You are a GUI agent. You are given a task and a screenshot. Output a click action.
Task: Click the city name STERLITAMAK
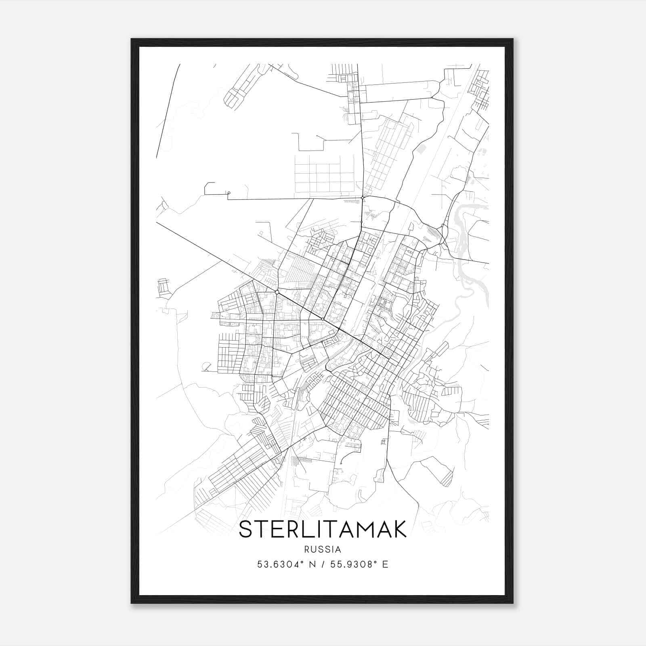(x=323, y=530)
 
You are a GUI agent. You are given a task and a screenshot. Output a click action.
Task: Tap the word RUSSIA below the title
(x=323, y=550)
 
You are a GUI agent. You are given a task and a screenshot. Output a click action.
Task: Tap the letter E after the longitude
(x=385, y=564)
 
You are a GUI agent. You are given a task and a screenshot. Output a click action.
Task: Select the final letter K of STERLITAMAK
(x=399, y=530)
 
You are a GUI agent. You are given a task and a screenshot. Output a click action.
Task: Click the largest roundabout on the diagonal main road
(x=277, y=292)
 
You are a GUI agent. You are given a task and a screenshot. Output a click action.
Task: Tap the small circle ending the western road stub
(x=229, y=193)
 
